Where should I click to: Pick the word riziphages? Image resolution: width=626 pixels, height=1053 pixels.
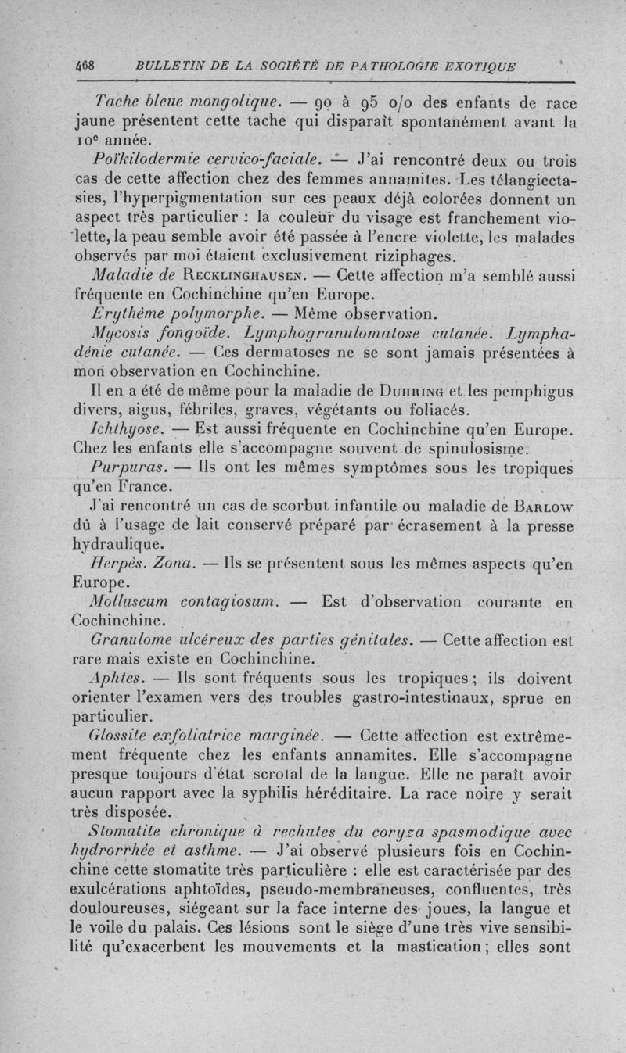coord(400,255)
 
